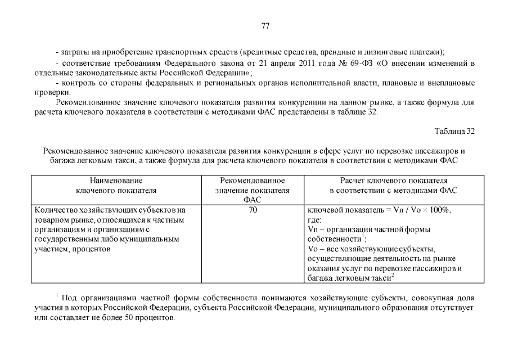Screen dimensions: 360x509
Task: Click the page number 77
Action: [x=266, y=26]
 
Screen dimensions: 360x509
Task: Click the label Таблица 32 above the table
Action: [x=454, y=131]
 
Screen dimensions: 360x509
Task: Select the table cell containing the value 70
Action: [x=252, y=210]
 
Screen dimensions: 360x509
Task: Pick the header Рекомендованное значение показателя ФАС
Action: [x=252, y=190]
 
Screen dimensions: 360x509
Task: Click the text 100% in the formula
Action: [x=439, y=210]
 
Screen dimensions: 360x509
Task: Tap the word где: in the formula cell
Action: [x=315, y=220]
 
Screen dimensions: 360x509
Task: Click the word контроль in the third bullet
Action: [x=78, y=83]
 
